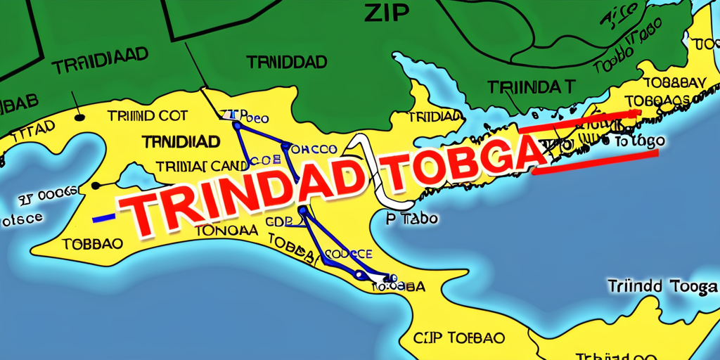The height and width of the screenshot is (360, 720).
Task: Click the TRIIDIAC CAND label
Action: pos(201,167)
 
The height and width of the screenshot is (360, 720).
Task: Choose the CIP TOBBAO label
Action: pos(458,337)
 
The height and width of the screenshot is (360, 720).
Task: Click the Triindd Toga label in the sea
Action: pos(662,287)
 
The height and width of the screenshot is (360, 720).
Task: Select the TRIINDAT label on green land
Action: pos(531,87)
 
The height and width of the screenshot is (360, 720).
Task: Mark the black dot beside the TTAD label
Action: pos(79,116)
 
